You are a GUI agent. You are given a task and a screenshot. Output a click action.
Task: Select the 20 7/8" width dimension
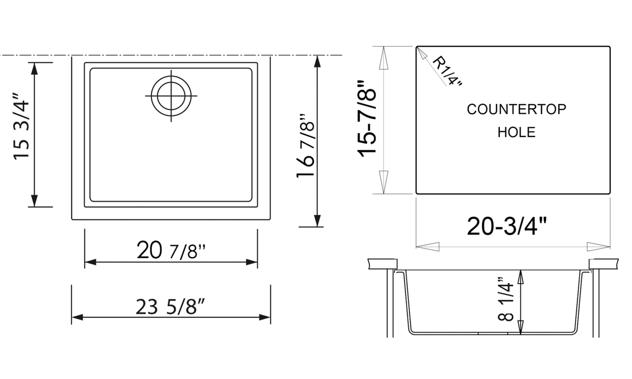(x=171, y=251)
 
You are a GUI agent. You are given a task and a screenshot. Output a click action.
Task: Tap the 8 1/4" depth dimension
(x=507, y=302)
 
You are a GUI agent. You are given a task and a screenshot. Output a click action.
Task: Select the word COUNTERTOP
(x=516, y=109)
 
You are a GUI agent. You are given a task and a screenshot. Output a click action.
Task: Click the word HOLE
(x=516, y=132)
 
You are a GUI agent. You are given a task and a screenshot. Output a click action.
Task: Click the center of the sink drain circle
(x=171, y=96)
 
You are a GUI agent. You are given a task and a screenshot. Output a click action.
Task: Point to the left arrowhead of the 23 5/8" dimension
(x=77, y=317)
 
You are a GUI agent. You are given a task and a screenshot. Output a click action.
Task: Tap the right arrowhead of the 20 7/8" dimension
(x=252, y=262)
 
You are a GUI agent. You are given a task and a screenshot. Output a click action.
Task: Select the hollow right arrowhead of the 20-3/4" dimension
(x=598, y=246)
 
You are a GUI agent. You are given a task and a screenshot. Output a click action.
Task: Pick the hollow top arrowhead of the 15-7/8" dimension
(x=383, y=58)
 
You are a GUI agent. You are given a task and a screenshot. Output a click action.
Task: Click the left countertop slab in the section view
(x=381, y=264)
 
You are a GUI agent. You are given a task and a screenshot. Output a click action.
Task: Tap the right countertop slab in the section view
(x=603, y=264)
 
